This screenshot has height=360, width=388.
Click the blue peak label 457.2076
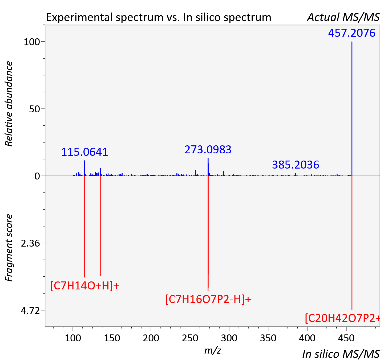(x=352, y=33)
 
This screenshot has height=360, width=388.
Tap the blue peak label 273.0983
(x=208, y=150)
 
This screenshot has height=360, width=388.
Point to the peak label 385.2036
(x=296, y=165)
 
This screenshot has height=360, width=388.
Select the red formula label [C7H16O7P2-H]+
(x=208, y=299)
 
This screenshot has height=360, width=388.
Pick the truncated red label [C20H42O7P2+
(x=342, y=318)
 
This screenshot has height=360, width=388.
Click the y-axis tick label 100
(x=32, y=42)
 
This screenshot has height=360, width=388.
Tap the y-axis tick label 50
(x=34, y=109)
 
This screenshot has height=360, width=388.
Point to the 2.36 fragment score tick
(x=30, y=243)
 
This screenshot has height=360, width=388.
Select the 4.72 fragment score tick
(x=30, y=310)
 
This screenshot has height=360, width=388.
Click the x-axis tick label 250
(x=190, y=338)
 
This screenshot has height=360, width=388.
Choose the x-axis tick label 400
(x=307, y=338)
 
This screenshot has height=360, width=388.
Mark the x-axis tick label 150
(x=112, y=338)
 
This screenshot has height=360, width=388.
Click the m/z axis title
(x=213, y=350)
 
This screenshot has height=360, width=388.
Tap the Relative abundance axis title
(x=9, y=104)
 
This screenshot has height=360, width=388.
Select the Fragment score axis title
(x=9, y=248)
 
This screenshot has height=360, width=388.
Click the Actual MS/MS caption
(x=343, y=17)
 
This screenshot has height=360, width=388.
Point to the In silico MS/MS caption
(x=341, y=354)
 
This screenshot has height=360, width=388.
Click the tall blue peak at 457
(x=352, y=109)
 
